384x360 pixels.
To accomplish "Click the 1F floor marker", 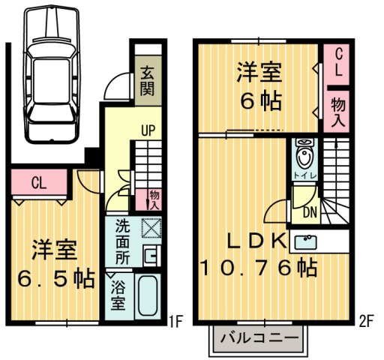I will click(x=175, y=322).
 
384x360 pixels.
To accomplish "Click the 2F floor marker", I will click(x=364, y=322).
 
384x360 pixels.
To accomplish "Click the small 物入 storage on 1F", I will click(x=154, y=199).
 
